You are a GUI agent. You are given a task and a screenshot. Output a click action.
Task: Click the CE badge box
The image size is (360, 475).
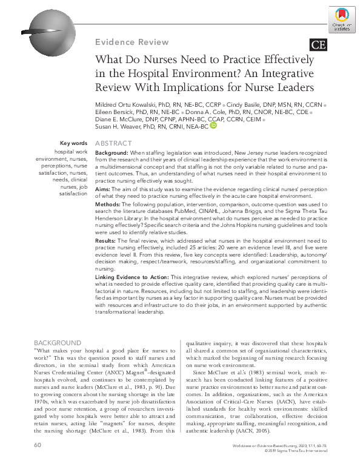point(318,44)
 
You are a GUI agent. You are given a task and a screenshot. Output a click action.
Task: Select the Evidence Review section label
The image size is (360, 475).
point(132,42)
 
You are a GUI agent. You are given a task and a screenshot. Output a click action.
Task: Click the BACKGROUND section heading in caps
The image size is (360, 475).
point(58,343)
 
